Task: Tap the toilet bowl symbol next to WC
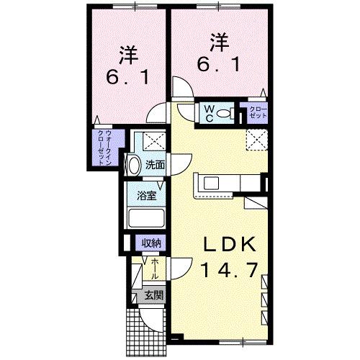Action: tap(223, 113)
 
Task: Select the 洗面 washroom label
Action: tap(155, 164)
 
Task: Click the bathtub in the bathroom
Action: tap(146, 219)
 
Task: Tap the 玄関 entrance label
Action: tap(153, 294)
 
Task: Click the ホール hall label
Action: tap(155, 269)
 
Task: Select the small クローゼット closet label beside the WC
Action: tap(257, 112)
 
